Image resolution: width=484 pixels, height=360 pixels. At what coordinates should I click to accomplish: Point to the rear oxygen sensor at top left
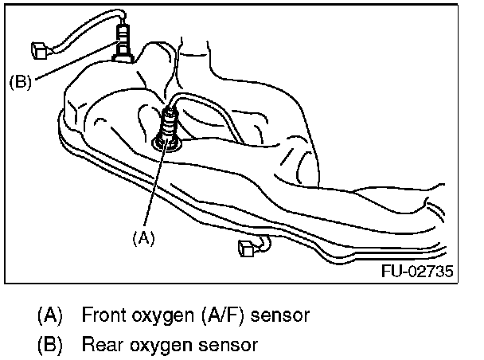coord(123,40)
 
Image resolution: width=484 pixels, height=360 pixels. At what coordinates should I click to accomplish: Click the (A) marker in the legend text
coord(49,315)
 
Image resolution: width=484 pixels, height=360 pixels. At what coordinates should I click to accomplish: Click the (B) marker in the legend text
coord(49,346)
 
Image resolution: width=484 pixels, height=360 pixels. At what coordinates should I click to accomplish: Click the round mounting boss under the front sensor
coord(168,143)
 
